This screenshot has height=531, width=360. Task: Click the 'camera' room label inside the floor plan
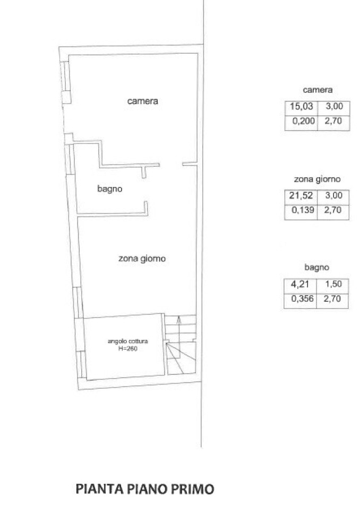pos(143,101)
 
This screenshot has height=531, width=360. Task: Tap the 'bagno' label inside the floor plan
pos(110,189)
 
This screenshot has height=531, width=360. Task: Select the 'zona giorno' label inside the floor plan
pos(142,259)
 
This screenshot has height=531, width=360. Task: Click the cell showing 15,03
pos(301,106)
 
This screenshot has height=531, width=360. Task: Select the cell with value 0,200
pos(301,121)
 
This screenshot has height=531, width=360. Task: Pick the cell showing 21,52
pos(301,195)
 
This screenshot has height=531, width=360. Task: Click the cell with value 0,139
pos(301,210)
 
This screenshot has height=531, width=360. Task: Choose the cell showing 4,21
pos(300,284)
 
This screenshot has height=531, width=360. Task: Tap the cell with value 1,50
pos(332,284)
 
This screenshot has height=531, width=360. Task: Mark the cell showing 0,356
pos(300,298)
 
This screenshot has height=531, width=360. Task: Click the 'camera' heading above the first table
pos(318,90)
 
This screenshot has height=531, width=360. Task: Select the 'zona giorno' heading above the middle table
pos(317,179)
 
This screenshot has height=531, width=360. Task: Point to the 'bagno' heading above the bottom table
pos(316,268)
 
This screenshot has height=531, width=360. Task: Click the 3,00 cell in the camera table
pos(333,106)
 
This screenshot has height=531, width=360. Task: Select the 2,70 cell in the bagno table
pos(332,298)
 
